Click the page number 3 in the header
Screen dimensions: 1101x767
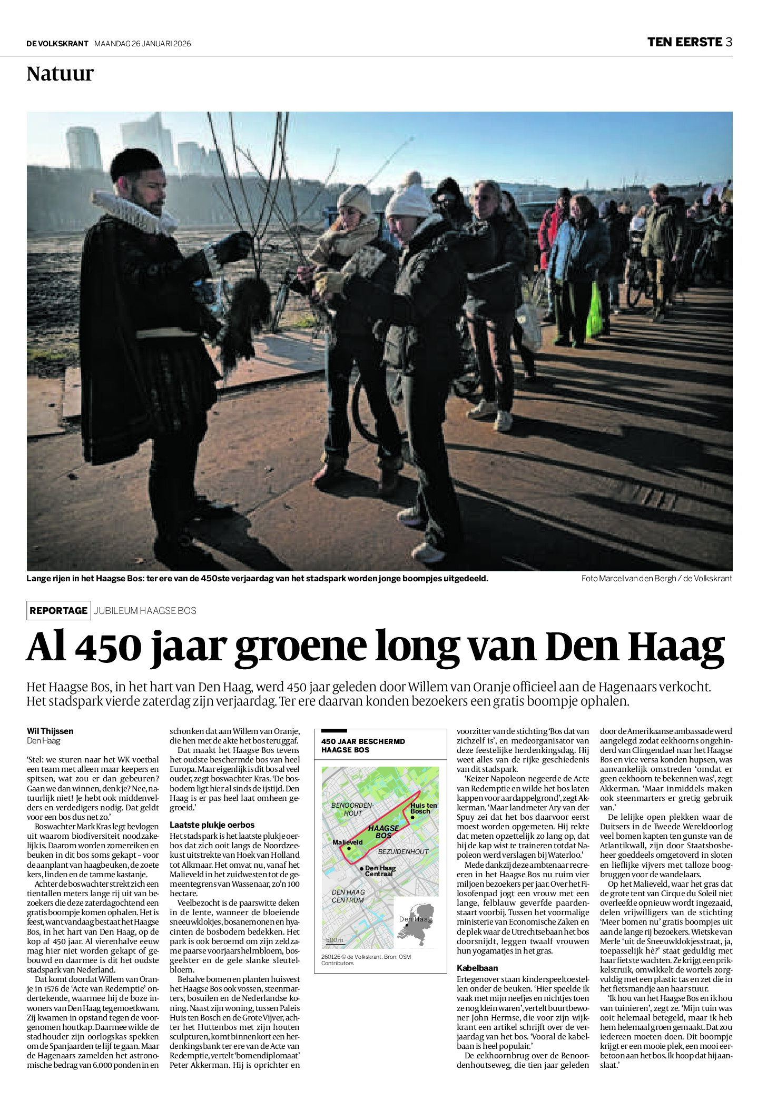point(729,42)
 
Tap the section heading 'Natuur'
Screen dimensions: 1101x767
point(60,74)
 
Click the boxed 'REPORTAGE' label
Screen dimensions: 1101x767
point(58,610)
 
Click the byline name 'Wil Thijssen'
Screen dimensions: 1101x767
point(50,731)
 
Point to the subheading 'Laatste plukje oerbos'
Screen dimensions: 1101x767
point(212,825)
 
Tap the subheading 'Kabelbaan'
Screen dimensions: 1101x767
point(477,968)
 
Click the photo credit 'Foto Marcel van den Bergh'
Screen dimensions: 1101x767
point(628,578)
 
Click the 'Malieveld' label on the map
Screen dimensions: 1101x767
point(347,842)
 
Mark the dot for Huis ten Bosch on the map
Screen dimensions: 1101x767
point(412,817)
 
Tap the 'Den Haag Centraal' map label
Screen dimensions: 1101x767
point(379,871)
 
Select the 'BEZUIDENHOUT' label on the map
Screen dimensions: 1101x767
point(403,851)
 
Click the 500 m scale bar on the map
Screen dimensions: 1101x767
point(334,940)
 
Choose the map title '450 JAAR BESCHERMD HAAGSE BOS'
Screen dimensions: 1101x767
point(363,745)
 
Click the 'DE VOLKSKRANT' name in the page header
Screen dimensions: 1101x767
point(57,44)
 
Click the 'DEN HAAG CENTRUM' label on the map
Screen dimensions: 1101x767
point(348,896)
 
